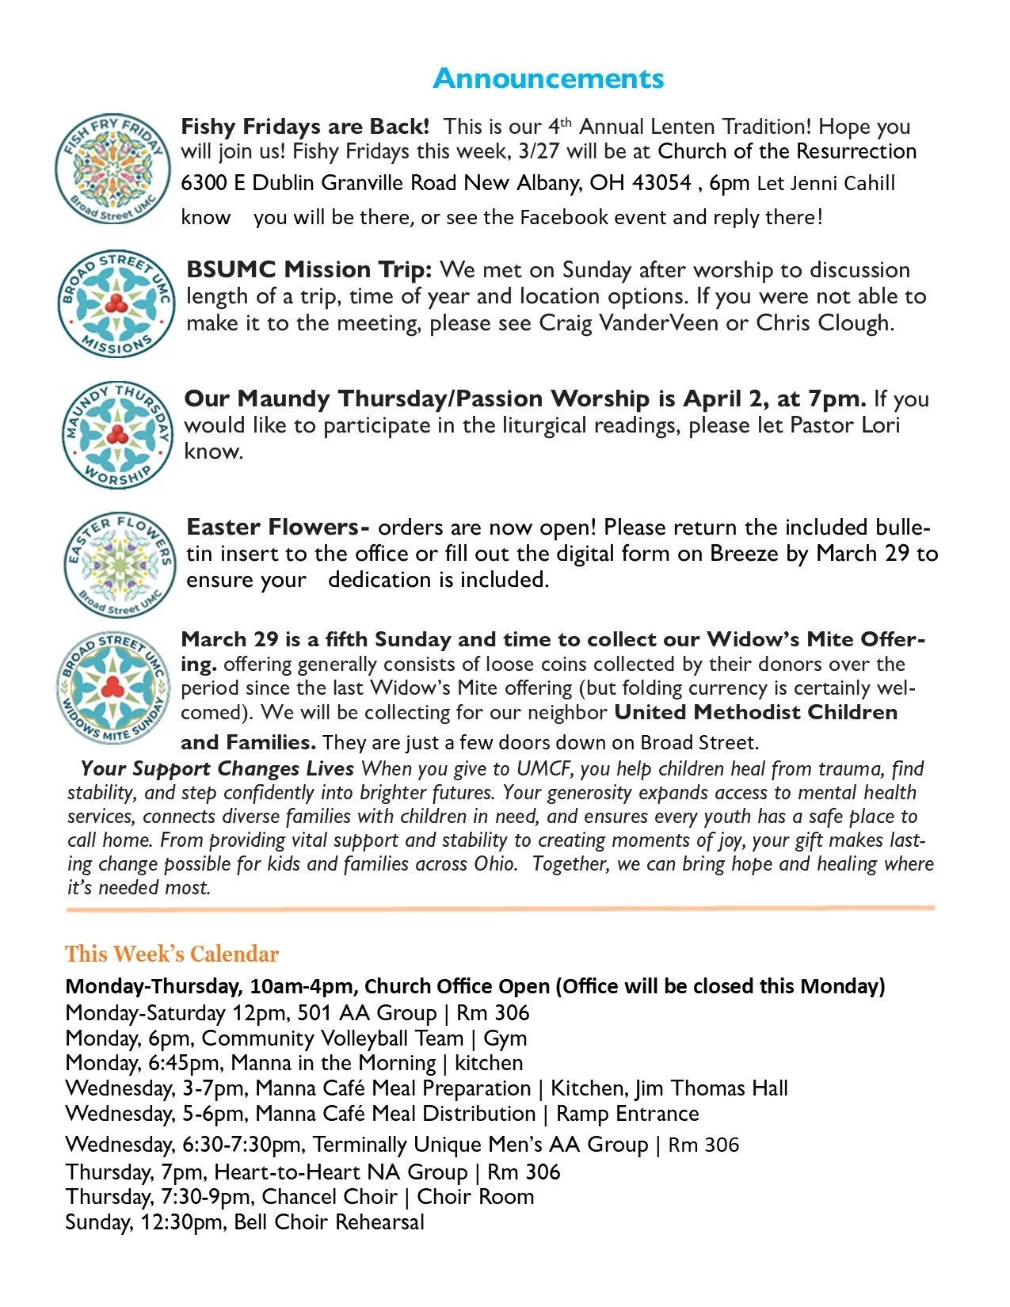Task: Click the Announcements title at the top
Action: (548, 78)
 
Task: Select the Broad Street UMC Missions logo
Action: (116, 304)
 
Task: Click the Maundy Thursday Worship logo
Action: (116, 434)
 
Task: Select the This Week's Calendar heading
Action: (172, 954)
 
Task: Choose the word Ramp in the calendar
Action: (583, 1114)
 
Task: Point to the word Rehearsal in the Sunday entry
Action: (379, 1222)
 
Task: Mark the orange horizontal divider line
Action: (501, 909)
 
